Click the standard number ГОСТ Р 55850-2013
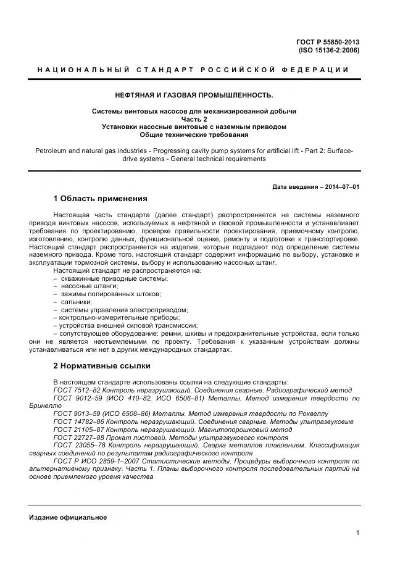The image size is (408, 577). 328,42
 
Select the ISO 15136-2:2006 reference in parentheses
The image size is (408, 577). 328,50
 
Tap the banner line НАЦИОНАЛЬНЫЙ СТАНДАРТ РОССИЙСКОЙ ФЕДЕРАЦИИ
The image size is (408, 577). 193,70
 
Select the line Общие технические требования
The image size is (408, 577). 194,134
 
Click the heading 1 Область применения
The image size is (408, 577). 100,199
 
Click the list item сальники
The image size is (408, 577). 76,302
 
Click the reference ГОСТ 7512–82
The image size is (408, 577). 81,390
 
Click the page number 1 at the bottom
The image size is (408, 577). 357,533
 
